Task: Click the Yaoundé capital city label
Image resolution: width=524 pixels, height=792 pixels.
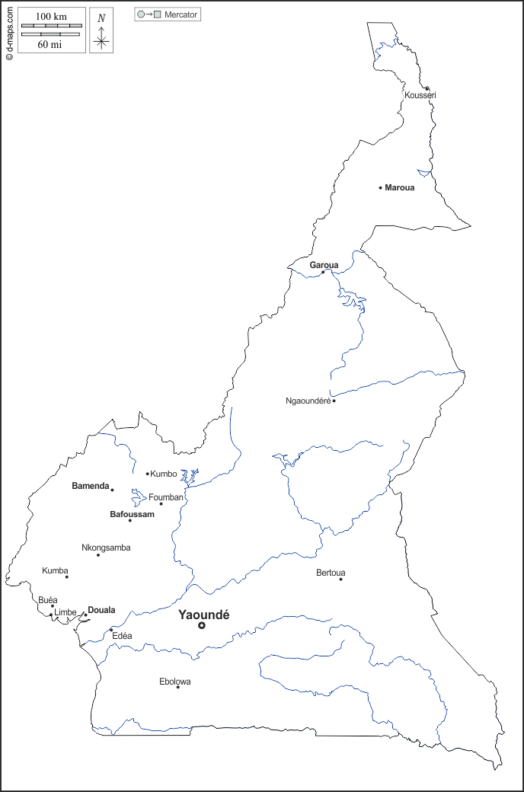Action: click(203, 615)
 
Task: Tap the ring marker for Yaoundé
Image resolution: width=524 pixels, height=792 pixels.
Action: click(202, 626)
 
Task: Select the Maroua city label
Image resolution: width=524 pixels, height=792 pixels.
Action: click(400, 187)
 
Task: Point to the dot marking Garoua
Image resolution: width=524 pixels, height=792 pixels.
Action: click(323, 272)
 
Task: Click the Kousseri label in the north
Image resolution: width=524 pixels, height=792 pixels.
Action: click(420, 95)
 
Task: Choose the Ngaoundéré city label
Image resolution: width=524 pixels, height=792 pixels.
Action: click(308, 401)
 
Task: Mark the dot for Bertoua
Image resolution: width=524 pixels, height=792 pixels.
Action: click(340, 580)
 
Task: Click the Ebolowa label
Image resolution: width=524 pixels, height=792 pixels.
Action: click(175, 682)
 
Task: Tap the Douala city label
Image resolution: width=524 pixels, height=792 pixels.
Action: click(101, 610)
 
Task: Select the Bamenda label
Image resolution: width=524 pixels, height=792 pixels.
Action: click(91, 486)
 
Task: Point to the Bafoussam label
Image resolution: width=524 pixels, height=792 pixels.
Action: click(132, 514)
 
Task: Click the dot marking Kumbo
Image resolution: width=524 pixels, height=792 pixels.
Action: click(147, 474)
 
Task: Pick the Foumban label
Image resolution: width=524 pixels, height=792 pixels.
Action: click(166, 497)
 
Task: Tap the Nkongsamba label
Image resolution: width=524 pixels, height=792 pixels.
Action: click(106, 548)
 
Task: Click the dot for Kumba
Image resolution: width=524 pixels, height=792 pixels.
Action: click(66, 576)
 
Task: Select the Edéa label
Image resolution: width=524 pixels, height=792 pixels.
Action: click(122, 636)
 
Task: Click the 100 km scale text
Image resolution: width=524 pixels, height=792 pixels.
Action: click(51, 16)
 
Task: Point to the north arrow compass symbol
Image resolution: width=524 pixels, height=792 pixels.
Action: click(101, 35)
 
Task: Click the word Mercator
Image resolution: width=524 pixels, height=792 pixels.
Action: click(181, 14)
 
